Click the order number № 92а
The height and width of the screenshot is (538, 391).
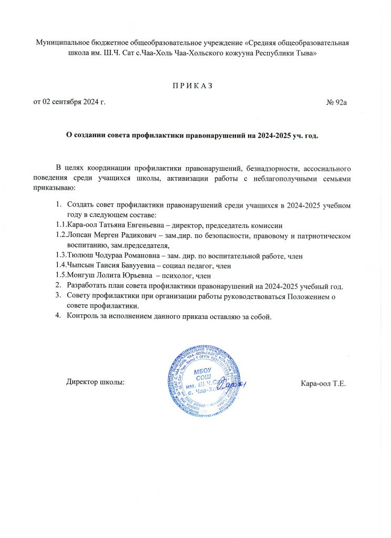pos(337,101)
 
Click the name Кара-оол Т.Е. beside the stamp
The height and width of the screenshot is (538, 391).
pos(323,382)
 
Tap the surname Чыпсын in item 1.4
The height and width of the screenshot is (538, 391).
pos(81,265)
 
